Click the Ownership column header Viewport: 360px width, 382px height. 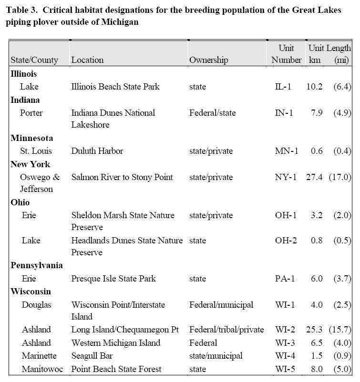point(208,60)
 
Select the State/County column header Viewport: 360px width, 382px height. point(34,60)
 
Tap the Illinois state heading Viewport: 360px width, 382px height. point(24,74)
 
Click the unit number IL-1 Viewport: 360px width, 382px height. point(283,87)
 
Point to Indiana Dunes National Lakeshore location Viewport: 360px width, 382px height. point(113,119)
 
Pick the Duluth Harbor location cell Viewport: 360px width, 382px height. point(97,151)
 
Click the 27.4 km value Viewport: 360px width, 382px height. point(314,177)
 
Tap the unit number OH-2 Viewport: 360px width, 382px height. point(286,241)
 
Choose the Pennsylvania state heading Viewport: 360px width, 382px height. point(37,265)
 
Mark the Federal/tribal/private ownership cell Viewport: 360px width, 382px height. point(226,330)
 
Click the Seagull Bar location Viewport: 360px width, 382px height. point(92,356)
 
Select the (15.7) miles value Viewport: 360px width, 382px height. point(342,330)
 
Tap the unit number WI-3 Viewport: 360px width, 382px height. point(286,343)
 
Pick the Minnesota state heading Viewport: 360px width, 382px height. point(31,138)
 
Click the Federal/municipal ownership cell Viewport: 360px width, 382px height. point(221,305)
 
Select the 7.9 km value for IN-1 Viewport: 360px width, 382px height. point(317,113)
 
